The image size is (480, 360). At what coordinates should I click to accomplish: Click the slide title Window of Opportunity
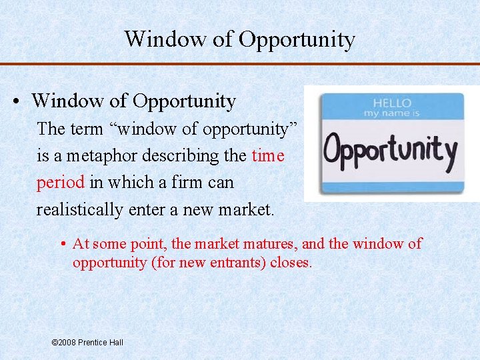(239, 39)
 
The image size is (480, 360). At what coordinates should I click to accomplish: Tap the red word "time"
(268, 156)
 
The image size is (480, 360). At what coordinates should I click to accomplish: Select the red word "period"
(60, 183)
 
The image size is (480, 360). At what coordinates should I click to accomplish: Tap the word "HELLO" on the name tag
(392, 103)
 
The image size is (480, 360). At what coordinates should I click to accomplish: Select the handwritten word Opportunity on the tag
(390, 151)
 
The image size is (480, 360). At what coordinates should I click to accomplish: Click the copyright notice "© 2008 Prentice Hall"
(87, 342)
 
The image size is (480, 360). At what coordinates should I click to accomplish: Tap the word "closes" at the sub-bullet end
(291, 262)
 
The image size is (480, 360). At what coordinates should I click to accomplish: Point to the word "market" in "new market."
(245, 210)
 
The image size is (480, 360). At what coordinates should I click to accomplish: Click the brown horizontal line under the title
(239, 64)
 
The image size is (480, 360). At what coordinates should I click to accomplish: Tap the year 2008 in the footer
(67, 342)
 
